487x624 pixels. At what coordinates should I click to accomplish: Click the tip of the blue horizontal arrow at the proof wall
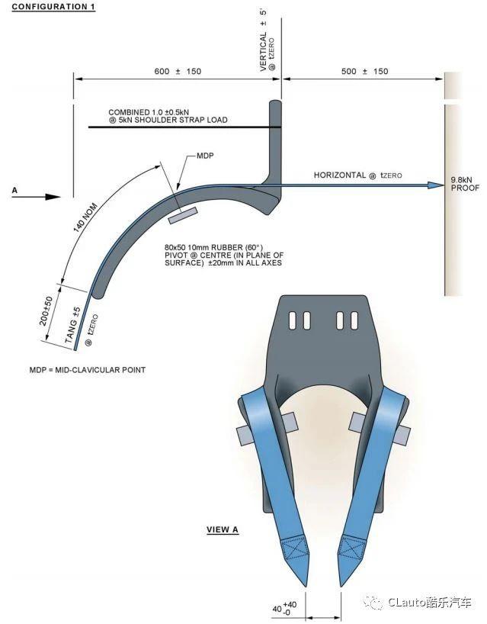(444, 185)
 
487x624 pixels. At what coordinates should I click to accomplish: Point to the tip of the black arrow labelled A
(60, 197)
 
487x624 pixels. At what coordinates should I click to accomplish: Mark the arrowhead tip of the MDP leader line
(176, 188)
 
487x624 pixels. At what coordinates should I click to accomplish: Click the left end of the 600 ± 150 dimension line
(75, 79)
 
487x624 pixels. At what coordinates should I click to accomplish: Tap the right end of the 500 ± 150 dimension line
(444, 79)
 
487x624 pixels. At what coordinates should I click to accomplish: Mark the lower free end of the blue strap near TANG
(75, 350)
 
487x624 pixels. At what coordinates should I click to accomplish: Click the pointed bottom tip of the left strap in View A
(306, 586)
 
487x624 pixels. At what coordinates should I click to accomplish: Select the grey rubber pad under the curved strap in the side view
(182, 216)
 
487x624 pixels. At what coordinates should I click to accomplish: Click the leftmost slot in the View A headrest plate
(292, 320)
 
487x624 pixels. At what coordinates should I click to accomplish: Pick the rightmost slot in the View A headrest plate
(354, 320)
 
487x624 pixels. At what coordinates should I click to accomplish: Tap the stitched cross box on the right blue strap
(353, 548)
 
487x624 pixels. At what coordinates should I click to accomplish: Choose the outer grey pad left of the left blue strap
(242, 433)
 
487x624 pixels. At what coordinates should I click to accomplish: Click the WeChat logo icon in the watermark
(373, 603)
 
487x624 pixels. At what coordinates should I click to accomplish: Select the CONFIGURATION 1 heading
(53, 7)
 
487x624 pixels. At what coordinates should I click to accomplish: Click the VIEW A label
(223, 529)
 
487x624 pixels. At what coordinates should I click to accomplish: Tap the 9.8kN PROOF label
(465, 184)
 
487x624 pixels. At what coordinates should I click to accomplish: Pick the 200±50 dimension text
(46, 310)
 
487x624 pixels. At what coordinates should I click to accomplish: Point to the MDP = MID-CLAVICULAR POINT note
(88, 370)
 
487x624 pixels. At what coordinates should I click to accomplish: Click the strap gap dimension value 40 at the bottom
(277, 609)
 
